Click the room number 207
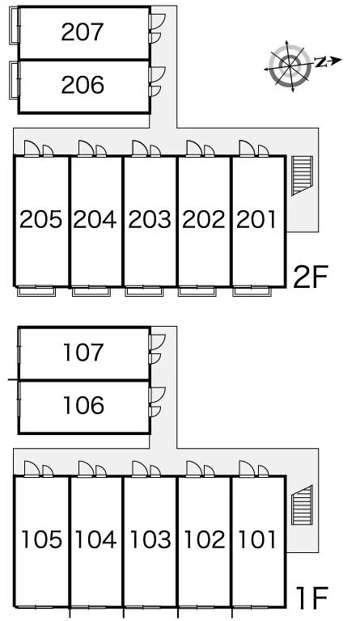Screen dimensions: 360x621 (83, 32)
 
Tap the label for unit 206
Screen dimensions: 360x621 (83, 85)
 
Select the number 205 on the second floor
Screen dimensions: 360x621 (40, 219)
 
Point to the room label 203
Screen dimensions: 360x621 (150, 219)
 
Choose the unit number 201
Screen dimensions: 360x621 (256, 219)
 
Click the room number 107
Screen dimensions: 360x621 (83, 353)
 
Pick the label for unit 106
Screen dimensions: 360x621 (83, 406)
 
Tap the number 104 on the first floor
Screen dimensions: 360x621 (95, 539)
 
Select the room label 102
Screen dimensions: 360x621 (205, 539)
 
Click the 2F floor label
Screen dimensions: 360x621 (311, 277)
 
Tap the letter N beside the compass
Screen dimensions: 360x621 (320, 62)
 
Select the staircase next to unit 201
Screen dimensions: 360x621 (302, 175)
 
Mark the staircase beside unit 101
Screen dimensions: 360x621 (302, 505)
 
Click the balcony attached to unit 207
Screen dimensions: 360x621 (15, 26)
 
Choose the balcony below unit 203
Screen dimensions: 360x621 (144, 291)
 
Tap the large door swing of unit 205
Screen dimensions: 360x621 (32, 149)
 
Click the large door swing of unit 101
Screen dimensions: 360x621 (247, 468)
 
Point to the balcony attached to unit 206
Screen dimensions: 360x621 (15, 80)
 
